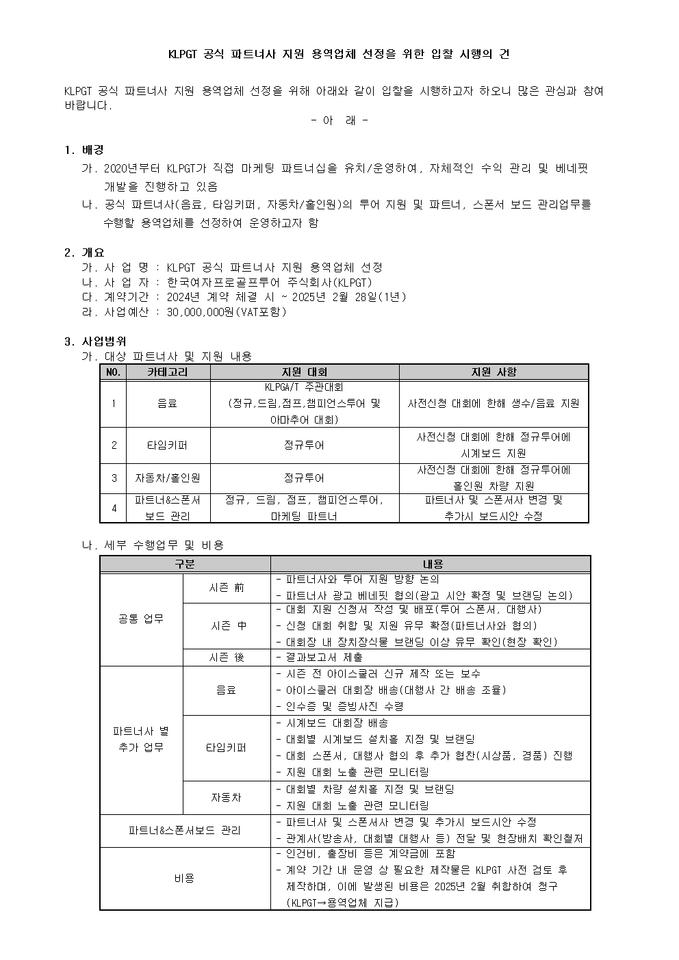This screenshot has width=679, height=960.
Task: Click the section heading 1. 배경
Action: tap(84, 150)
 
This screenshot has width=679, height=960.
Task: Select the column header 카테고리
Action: tap(167, 372)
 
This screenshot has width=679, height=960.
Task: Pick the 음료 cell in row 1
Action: tap(167, 404)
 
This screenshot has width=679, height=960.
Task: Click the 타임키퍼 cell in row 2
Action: tap(167, 445)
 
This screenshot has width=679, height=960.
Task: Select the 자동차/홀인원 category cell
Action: tap(167, 478)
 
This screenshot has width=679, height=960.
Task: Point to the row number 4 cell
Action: tap(114, 508)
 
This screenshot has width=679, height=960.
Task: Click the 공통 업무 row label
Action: tap(141, 619)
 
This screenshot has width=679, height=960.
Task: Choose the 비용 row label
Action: tap(184, 878)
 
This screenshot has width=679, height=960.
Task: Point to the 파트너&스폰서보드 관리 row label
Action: tap(184, 831)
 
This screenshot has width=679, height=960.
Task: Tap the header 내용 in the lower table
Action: tap(433, 565)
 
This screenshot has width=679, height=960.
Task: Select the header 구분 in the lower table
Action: tap(184, 565)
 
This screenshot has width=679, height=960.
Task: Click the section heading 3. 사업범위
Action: tap(95, 341)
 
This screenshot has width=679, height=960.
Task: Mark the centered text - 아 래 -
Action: tap(339, 120)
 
